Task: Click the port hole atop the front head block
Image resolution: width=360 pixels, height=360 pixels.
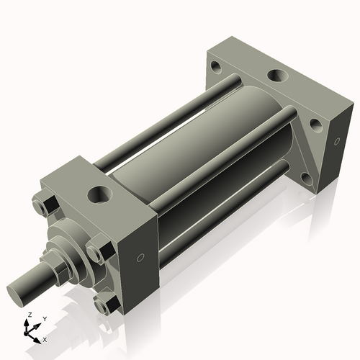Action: pos(99,194)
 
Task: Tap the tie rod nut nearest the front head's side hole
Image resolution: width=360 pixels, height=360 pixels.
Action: pos(96,252)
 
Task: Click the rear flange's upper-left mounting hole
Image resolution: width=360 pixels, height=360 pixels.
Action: pos(215,68)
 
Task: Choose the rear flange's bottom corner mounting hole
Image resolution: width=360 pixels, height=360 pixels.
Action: pos(305,177)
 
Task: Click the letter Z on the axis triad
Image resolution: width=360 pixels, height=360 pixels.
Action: pos(29,315)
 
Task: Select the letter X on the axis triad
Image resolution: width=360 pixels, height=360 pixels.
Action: pos(45,338)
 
